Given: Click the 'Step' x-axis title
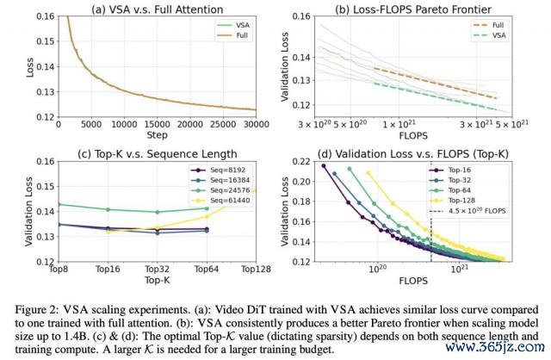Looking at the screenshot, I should pyautogui.click(x=158, y=135).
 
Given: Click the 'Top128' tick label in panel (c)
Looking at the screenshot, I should pyautogui.click(x=254, y=269).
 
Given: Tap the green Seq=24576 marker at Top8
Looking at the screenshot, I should pyautogui.click(x=58, y=204).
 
